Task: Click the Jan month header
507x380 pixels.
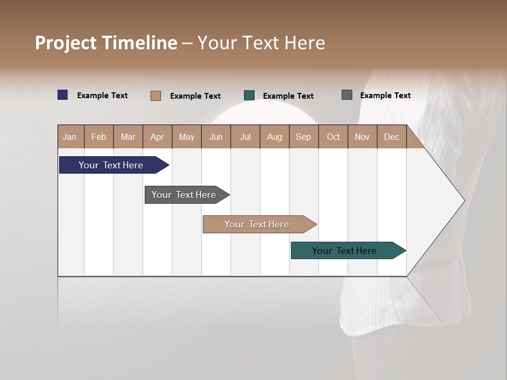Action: click(x=70, y=137)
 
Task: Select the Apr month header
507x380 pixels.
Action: click(x=157, y=137)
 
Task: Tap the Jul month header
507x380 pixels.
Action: click(x=245, y=137)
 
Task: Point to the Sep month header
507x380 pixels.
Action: click(x=303, y=137)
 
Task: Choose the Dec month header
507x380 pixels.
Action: click(x=391, y=137)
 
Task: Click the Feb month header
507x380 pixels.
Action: click(x=99, y=137)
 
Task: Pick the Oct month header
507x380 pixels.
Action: click(x=333, y=137)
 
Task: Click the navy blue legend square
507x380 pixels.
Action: click(x=63, y=95)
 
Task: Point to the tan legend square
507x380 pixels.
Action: click(x=156, y=96)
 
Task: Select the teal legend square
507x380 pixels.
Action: click(x=249, y=96)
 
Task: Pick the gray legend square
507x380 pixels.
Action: click(x=347, y=95)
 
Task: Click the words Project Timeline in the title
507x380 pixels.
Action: click(x=106, y=43)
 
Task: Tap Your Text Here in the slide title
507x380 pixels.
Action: click(x=261, y=43)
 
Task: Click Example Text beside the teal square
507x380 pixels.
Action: click(x=288, y=96)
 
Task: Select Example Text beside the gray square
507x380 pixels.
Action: click(x=386, y=96)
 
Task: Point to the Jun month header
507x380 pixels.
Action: click(x=216, y=137)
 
